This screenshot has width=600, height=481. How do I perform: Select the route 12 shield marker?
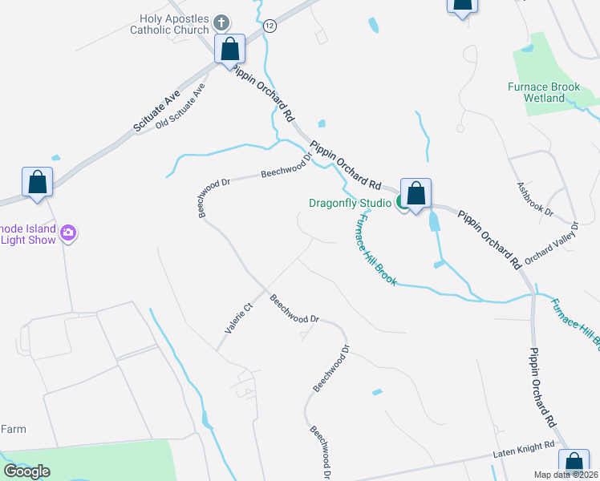coord(270,26)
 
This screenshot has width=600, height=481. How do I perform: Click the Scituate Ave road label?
coord(156,112)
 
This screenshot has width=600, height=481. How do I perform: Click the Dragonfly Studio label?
coord(350,203)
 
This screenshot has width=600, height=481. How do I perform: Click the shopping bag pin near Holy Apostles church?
coord(230,49)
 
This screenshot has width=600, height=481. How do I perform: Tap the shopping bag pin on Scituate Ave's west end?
coord(37,182)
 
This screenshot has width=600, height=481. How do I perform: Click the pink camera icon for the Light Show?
coord(69,233)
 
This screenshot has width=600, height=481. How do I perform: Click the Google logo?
coord(27,471)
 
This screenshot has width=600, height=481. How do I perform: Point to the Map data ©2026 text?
coord(566,475)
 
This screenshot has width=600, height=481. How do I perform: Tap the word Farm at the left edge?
coord(13,430)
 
